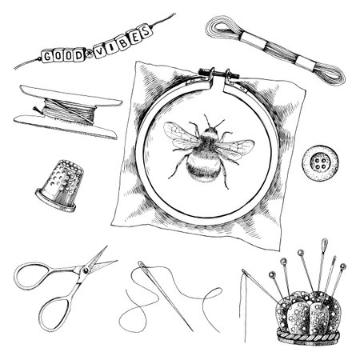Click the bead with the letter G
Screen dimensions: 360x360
point(46,57)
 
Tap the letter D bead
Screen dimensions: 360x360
point(78,55)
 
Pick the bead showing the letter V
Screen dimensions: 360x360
point(101,51)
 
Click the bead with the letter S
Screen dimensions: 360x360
point(146,31)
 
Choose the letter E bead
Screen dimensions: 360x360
point(134,38)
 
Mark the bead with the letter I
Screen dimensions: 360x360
point(112,48)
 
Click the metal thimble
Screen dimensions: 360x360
point(60,186)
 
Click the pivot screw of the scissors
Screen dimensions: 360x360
point(86,271)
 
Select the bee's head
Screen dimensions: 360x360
point(210,131)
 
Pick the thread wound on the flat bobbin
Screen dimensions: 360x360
point(70,110)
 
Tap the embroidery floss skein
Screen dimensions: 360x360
point(275,50)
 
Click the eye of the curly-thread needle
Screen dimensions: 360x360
point(142,265)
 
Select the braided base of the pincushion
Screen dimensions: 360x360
point(309,337)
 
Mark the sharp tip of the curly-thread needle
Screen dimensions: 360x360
point(193,331)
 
